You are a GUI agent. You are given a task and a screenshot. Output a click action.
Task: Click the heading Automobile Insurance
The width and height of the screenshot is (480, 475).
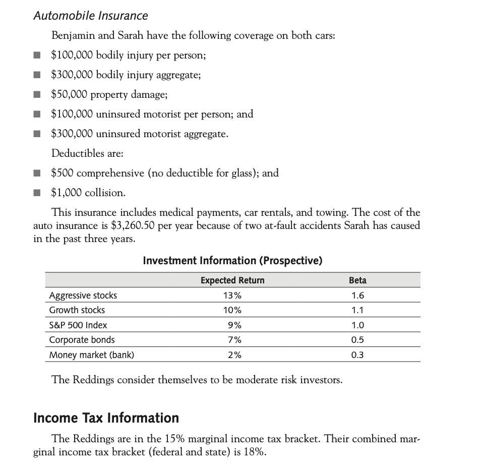(x=91, y=16)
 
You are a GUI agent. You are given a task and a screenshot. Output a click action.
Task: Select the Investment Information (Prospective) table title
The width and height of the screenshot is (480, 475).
(x=232, y=260)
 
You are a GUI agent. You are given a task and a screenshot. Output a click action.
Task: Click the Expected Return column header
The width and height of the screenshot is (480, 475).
(x=232, y=280)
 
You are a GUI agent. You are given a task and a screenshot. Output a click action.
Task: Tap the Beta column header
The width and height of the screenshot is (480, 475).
(x=357, y=280)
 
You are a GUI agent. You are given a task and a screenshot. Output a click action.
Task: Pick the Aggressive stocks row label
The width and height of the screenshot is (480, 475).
(x=83, y=295)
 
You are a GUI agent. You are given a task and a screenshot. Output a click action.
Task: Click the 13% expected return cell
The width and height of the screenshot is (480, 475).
(x=232, y=295)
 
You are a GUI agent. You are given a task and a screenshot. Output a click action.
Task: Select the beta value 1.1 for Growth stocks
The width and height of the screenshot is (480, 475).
(x=357, y=310)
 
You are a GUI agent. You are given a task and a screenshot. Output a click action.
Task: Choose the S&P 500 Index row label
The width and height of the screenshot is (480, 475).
(x=78, y=325)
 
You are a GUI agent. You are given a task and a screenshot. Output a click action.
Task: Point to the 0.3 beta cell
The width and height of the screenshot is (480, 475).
(x=357, y=355)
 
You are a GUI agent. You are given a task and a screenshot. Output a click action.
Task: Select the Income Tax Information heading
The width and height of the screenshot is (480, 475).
(x=106, y=418)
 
